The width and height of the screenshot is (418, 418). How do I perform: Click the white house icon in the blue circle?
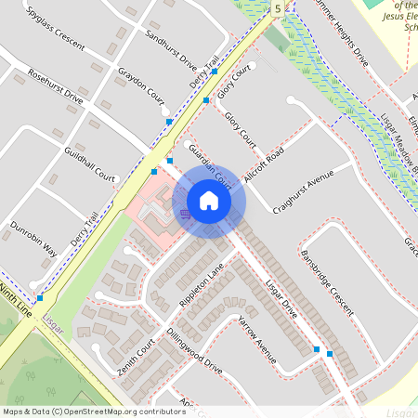(209, 201)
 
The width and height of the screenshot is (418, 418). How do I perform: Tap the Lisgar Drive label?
(280, 298)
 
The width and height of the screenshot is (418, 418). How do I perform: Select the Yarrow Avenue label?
(257, 337)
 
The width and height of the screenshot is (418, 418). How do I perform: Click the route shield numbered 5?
(277, 8)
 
